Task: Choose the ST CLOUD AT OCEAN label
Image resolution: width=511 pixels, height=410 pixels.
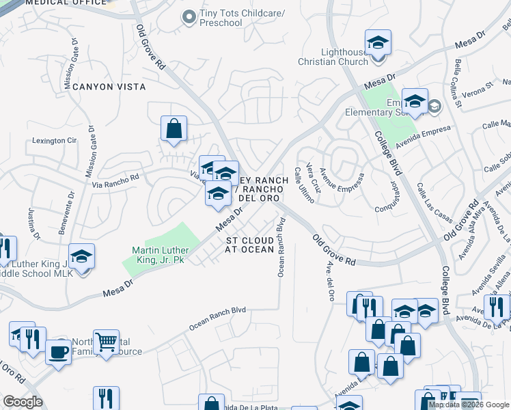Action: pos(250,245)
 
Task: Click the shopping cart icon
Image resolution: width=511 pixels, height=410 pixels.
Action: pos(106,340)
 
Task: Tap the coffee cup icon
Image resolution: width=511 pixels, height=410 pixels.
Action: pos(58,352)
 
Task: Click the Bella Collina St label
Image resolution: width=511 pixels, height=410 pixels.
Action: pos(458,85)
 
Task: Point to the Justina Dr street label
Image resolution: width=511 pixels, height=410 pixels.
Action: pos(33,225)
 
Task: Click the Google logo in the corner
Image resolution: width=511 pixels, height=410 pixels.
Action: pos(23,402)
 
